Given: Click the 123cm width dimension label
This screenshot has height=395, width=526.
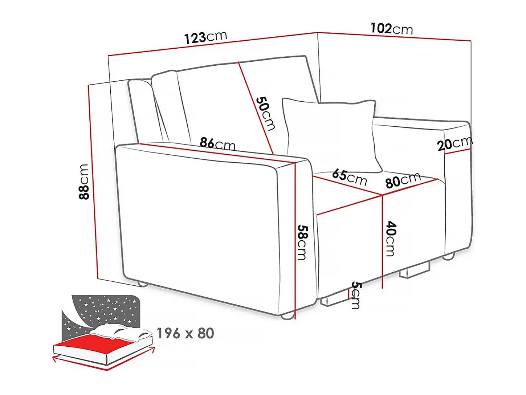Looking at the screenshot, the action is [206, 38].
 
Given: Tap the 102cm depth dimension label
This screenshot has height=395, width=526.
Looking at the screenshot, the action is [392, 29].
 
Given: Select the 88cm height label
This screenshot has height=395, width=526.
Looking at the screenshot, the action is [84, 181].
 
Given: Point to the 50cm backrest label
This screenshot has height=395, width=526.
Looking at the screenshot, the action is [265, 113].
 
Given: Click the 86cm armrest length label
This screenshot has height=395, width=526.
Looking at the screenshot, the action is [218, 143].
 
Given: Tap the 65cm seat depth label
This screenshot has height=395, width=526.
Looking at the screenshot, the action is [349, 177].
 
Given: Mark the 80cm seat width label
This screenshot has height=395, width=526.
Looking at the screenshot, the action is [403, 180].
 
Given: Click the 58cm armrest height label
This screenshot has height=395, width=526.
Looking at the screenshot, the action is [302, 242].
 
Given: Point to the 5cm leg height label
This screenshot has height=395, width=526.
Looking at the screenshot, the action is [355, 295].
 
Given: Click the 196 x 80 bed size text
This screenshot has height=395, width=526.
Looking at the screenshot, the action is [185, 333].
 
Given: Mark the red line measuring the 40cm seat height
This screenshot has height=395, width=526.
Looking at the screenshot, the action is [382, 242].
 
